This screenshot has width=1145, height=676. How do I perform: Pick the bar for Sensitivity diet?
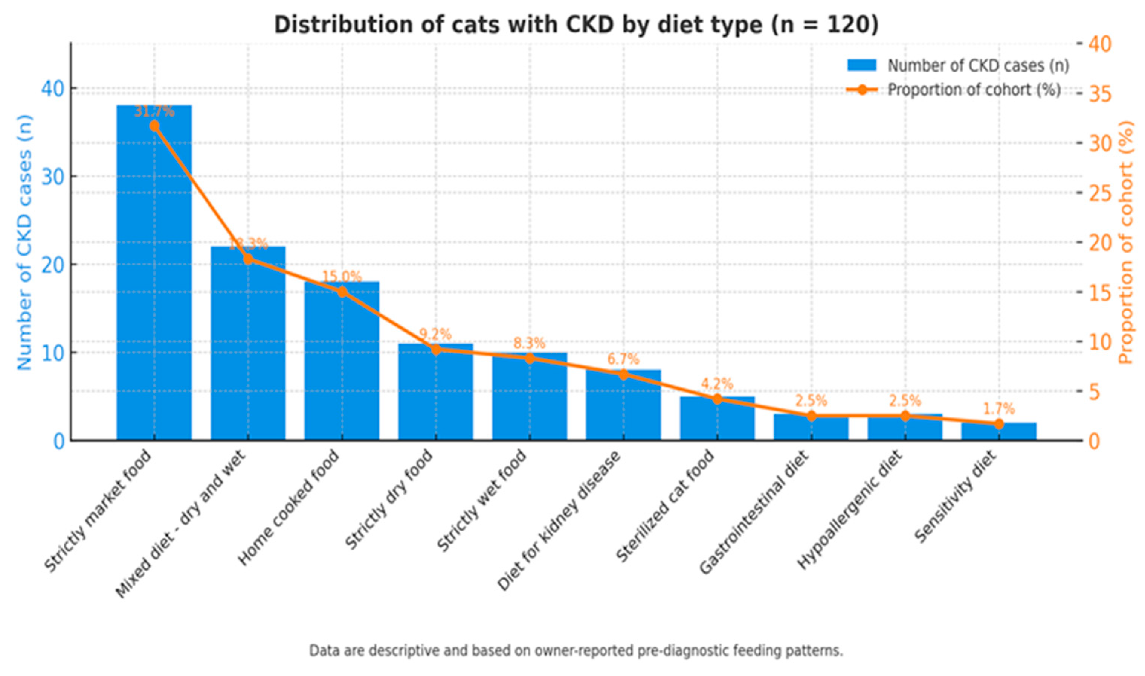point(999,433)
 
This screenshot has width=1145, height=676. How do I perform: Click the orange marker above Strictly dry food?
point(436,349)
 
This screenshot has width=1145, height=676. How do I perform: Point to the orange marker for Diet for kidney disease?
point(624,375)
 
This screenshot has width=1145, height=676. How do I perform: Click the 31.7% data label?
point(154,111)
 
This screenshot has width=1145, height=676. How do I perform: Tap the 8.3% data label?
point(529,343)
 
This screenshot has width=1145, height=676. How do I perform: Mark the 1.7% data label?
point(999,409)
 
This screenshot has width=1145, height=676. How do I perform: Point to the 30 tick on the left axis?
point(52,177)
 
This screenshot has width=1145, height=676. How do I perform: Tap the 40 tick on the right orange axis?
point(1099,44)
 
